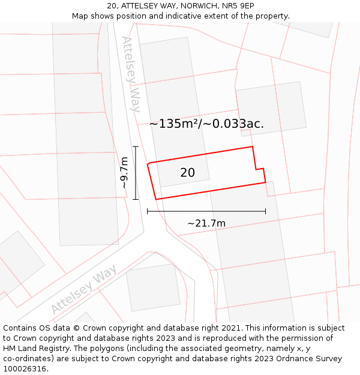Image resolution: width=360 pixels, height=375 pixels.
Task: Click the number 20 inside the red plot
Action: (x=187, y=173)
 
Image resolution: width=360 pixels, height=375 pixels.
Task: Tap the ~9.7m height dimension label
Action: (x=124, y=173)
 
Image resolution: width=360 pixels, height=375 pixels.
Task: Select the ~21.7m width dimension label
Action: (x=206, y=223)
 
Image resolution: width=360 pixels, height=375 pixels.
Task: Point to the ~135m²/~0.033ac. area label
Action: (x=206, y=124)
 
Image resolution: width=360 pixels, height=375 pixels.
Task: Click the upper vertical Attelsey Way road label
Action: (x=131, y=74)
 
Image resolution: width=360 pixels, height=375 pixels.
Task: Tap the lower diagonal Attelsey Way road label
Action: (x=83, y=290)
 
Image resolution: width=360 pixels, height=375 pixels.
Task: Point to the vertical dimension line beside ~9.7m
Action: (x=136, y=173)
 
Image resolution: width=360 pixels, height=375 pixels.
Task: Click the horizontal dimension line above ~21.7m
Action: (x=206, y=211)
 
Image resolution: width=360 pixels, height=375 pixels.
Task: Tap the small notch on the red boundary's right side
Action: (x=259, y=170)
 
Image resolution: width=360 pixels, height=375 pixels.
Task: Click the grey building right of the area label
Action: (x=271, y=109)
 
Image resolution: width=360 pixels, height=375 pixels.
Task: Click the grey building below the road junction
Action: (x=154, y=287)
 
